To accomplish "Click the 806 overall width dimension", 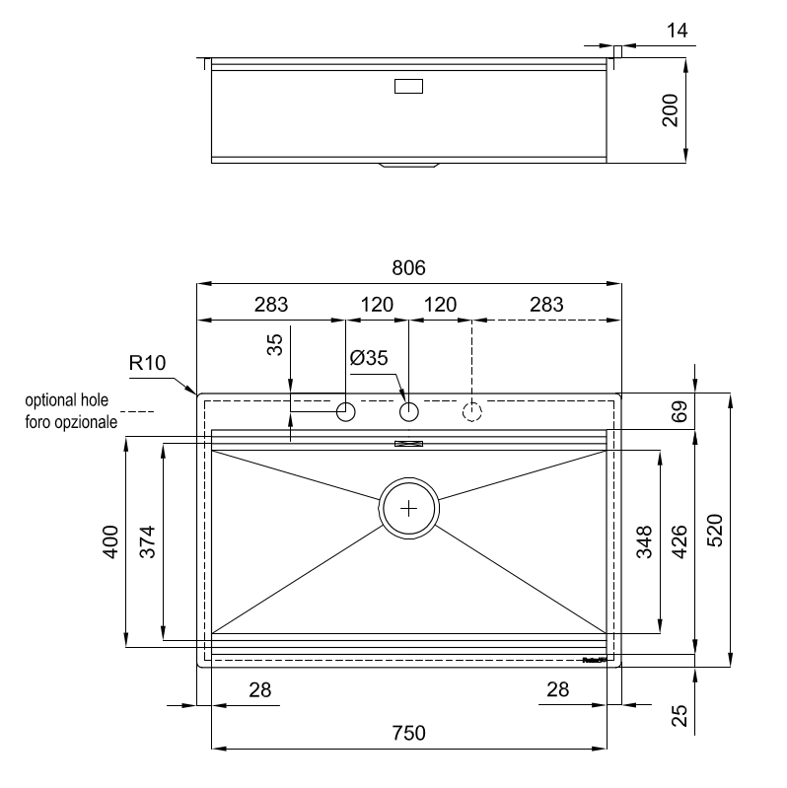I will (x=408, y=268).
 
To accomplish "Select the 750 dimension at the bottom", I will (x=408, y=733).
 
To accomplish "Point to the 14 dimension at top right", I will (x=676, y=31).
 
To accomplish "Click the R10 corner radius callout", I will (x=148, y=363).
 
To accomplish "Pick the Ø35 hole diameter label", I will (x=369, y=358).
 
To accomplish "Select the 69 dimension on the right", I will (x=680, y=411).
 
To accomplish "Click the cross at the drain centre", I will (x=409, y=508).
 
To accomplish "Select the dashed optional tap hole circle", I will (x=472, y=411).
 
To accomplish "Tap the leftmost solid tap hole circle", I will (x=346, y=411).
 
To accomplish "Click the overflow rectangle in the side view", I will (x=408, y=86).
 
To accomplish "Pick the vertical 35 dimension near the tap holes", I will (x=275, y=343).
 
